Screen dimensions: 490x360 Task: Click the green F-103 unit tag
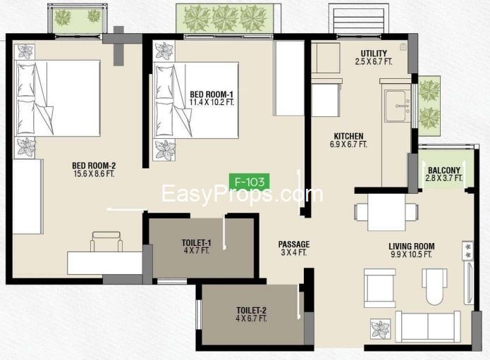[x=249, y=181]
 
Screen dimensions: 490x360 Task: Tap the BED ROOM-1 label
[x=212, y=94]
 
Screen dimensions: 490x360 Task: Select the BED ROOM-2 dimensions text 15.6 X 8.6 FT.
[x=94, y=174]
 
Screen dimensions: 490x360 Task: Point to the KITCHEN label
[x=349, y=136]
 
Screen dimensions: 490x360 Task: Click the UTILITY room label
[x=374, y=54]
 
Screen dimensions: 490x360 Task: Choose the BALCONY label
[x=444, y=170]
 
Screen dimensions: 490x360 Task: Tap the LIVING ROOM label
[x=412, y=247]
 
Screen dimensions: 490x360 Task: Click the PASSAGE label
[x=294, y=244]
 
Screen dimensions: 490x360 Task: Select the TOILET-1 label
[x=197, y=242]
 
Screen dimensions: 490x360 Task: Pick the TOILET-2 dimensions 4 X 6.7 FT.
[x=251, y=318]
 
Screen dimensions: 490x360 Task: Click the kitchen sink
[x=398, y=106]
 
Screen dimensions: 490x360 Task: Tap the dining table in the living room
[x=386, y=212]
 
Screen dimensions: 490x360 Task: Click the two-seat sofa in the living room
[x=428, y=327]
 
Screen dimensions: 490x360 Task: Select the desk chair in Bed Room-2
[x=106, y=242]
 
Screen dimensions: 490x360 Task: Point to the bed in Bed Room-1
[x=196, y=100]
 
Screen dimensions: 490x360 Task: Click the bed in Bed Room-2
[x=58, y=98]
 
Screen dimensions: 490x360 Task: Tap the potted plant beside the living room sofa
[x=381, y=329]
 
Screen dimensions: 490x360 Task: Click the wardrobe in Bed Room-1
[x=289, y=78]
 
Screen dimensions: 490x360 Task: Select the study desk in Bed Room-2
[x=105, y=263]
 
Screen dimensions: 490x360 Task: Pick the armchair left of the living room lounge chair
[x=380, y=289]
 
